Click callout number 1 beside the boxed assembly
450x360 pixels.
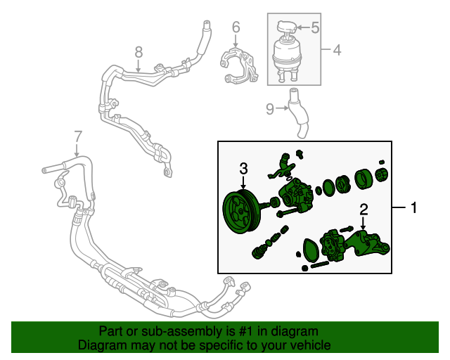click(x=414, y=207)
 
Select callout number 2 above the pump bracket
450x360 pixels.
click(x=364, y=209)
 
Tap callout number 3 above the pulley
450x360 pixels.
click(x=243, y=168)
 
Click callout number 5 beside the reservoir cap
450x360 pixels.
click(x=315, y=27)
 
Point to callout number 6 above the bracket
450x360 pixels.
click(x=236, y=27)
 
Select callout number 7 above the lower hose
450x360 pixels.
click(x=77, y=136)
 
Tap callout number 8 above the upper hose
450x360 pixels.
click(x=139, y=51)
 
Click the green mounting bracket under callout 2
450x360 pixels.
click(x=369, y=246)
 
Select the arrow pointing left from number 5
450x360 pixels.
click(x=301, y=27)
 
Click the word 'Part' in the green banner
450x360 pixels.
click(x=111, y=331)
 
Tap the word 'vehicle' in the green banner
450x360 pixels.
click(x=310, y=345)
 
